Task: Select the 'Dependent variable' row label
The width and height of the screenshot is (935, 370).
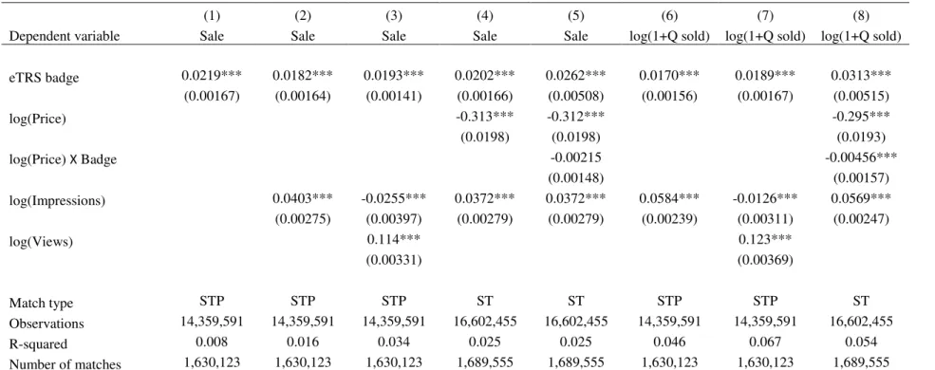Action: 65,36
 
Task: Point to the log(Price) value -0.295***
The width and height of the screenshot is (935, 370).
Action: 861,117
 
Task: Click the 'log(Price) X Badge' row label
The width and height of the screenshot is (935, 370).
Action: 63,159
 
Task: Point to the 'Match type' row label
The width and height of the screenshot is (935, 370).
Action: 41,304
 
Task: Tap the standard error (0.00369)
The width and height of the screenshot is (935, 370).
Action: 765,260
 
